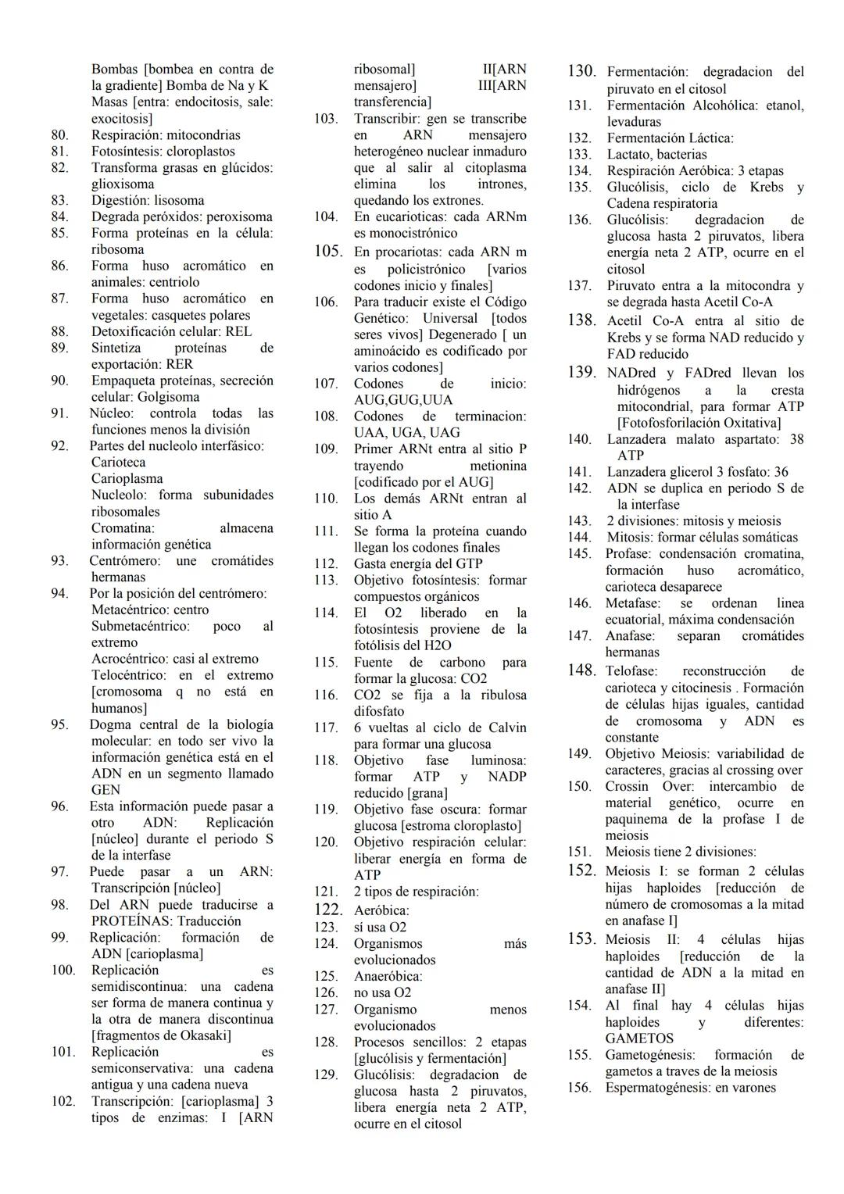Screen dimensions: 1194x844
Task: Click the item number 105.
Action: coord(328,252)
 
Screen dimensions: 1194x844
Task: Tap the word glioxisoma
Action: coord(123,184)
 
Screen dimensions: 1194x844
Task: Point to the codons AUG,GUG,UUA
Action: coord(403,400)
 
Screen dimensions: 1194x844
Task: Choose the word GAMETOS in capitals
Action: coord(638,1038)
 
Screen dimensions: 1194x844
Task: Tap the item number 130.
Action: coord(581,71)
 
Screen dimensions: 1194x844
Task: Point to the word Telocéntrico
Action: coord(129,675)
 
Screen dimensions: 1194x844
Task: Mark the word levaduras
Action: coord(634,122)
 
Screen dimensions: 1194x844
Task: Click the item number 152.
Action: coord(581,870)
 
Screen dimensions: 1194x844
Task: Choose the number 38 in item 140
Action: coord(796,439)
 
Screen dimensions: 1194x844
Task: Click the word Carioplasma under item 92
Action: coord(127,479)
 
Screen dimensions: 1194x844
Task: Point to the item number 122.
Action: coord(328,910)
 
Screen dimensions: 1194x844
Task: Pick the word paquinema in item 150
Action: coord(638,820)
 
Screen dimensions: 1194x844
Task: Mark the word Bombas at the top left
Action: coord(115,70)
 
